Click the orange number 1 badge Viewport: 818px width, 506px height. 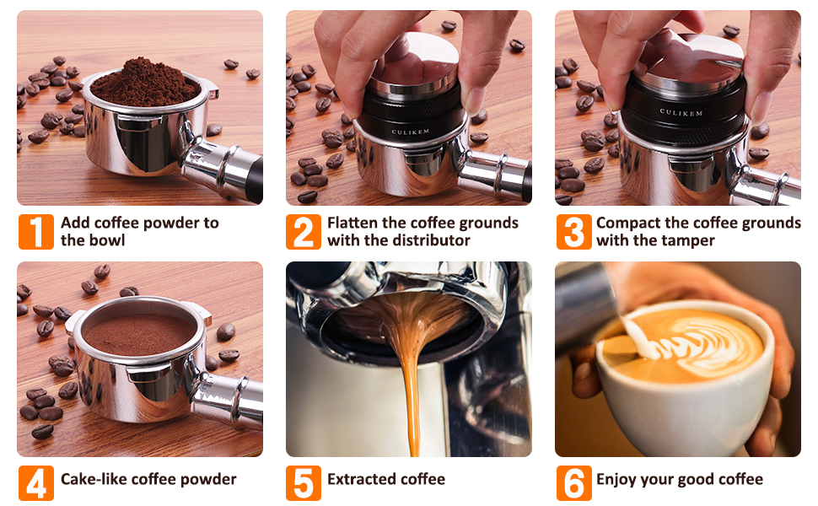36,232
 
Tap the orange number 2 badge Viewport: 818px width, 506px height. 303,232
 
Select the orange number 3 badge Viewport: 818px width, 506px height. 573,232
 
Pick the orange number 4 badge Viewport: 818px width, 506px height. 36,483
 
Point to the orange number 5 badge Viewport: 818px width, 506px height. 303,483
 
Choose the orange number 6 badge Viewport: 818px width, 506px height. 573,483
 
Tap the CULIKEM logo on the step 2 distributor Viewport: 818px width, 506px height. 411,132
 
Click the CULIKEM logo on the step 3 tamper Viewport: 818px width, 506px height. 681,112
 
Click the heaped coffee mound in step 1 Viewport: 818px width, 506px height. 143,83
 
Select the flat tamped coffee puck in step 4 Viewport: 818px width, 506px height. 139,334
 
